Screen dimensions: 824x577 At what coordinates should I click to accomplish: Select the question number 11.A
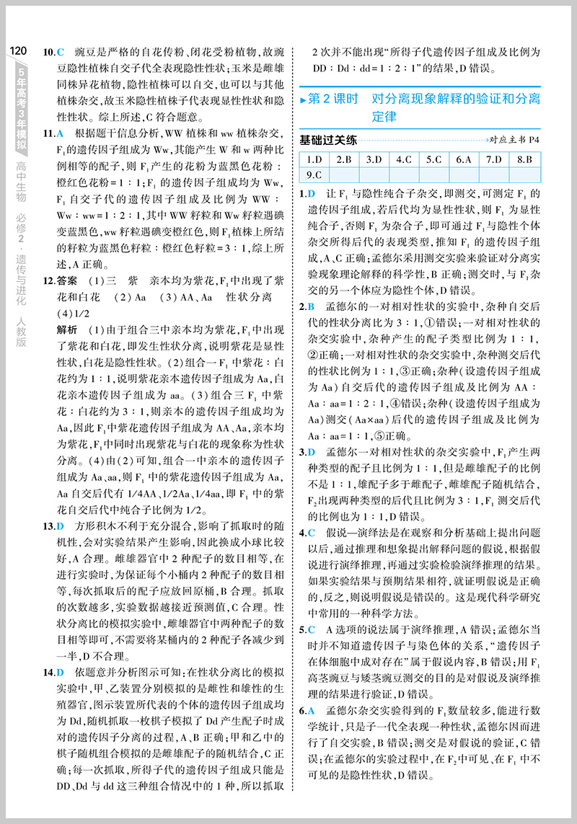tap(53, 133)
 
